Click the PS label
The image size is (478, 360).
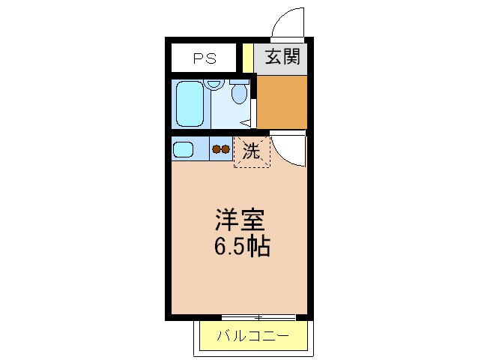pos(204,58)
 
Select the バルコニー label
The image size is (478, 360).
pos(252,335)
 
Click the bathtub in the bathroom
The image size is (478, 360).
pos(189,105)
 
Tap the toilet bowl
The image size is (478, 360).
pos(240,94)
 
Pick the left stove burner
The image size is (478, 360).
pos(216,149)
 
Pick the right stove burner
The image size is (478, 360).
pos(225,149)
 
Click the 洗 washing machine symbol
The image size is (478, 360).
pos(250,151)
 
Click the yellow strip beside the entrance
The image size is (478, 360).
pos(247,58)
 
